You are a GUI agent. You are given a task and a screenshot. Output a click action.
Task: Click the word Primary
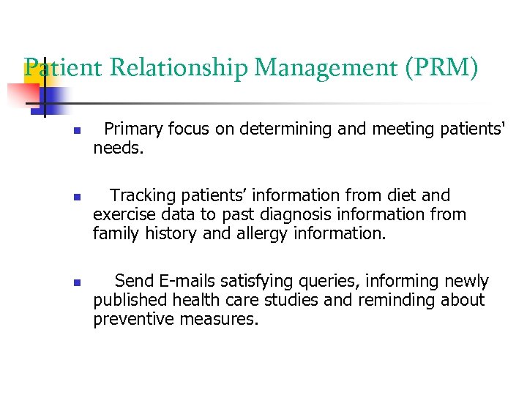133,129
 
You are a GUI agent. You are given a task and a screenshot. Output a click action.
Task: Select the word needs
118,148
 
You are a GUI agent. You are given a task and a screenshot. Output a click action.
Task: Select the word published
130,300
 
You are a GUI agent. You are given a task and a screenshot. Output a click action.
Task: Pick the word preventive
131,319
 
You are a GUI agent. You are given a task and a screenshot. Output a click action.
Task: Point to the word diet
402,195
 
